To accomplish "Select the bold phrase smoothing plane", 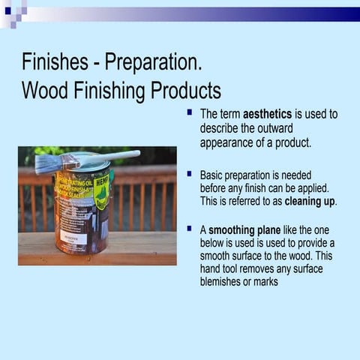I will coord(241,229).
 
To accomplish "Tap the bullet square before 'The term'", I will coord(190,112).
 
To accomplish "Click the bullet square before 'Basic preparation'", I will coord(190,173).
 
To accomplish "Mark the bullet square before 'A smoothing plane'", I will coord(190,227).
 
